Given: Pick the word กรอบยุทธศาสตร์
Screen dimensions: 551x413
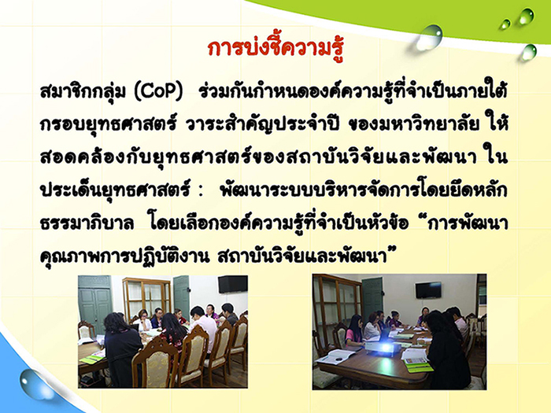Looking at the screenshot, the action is click(108, 125).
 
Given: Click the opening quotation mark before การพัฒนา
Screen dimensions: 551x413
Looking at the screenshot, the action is click(419, 219).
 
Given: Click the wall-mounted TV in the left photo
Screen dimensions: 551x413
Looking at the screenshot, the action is click(233, 284).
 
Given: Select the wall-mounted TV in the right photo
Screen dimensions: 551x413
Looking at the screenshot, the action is click(428, 289).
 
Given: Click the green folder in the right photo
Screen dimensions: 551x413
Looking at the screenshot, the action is click(418, 366).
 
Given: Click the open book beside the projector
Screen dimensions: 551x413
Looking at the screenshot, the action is click(337, 357).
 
